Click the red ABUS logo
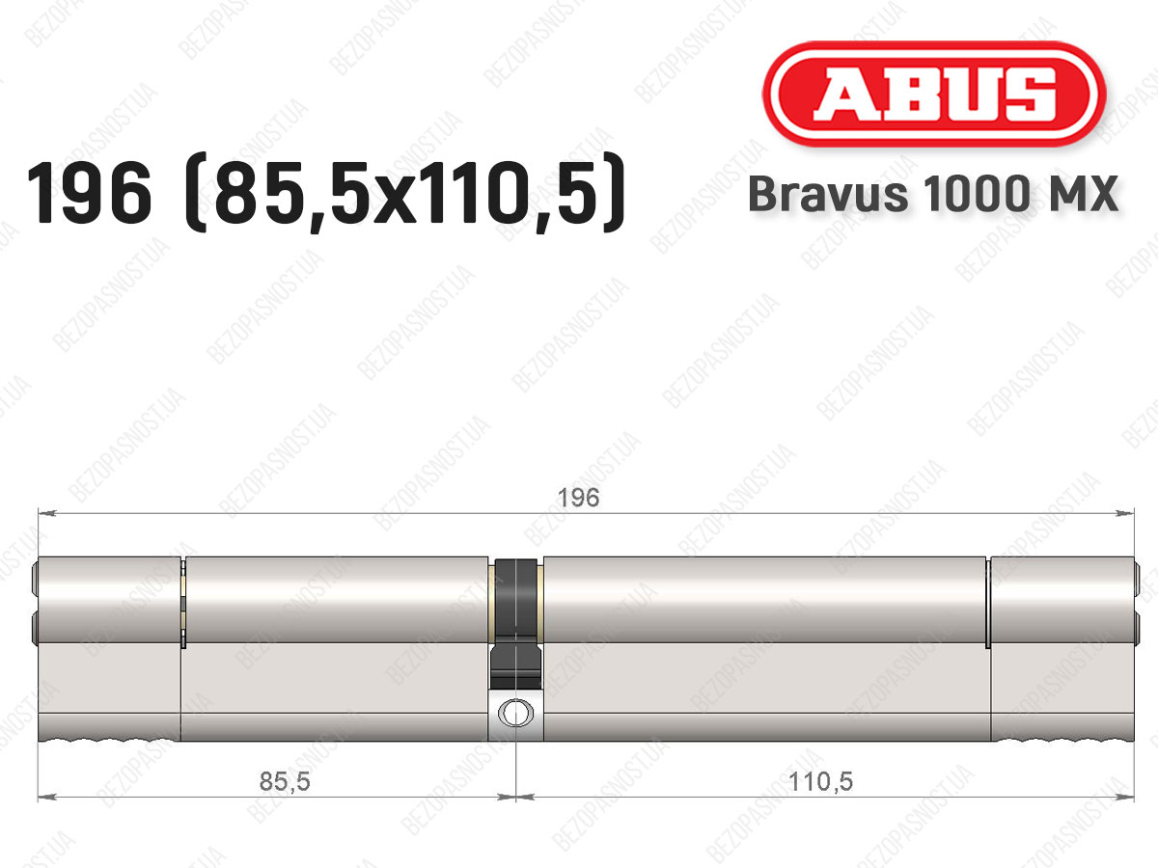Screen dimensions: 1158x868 tap(934, 95)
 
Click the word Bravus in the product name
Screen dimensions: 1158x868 tap(828, 194)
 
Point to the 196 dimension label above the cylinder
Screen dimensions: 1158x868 tap(578, 498)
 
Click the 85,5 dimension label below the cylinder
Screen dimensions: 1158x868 tap(285, 781)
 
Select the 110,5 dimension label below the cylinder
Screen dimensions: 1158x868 tap(820, 781)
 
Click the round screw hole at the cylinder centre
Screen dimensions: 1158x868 tap(515, 713)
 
